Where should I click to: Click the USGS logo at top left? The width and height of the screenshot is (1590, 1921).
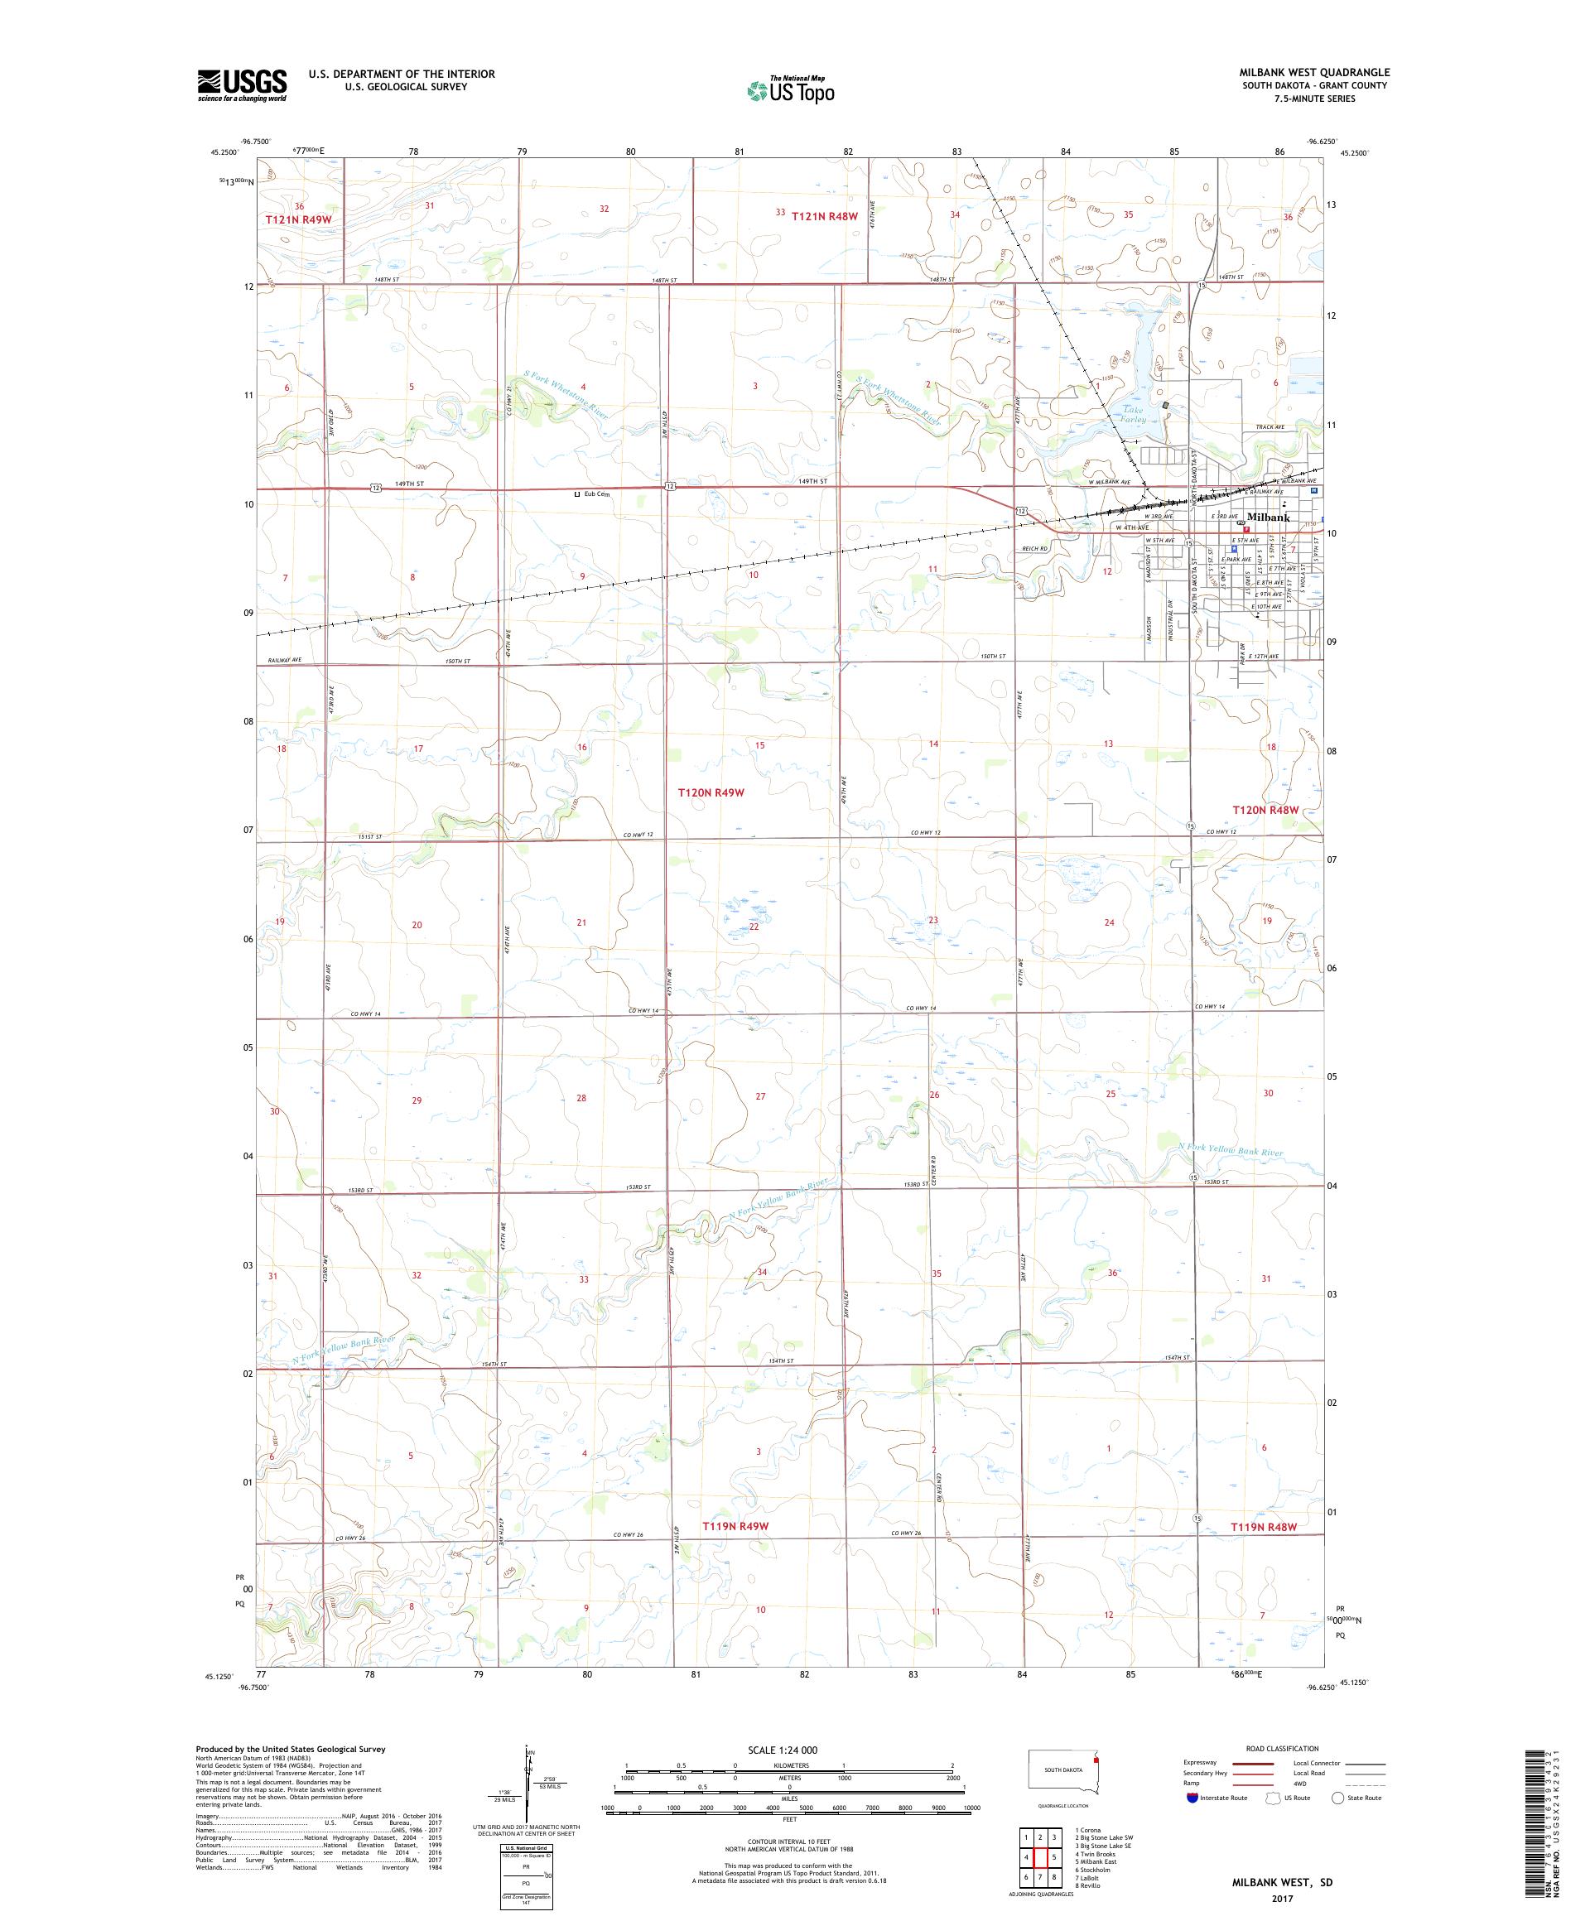tap(243, 85)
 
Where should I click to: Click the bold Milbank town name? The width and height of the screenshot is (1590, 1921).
tap(1268, 517)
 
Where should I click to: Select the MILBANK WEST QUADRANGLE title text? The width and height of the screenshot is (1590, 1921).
tap(1314, 72)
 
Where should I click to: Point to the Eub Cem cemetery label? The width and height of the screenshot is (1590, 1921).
tap(595, 494)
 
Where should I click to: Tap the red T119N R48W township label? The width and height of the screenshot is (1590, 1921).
tap(1265, 1527)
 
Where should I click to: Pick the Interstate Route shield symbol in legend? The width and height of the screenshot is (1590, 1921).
tap(1191, 1798)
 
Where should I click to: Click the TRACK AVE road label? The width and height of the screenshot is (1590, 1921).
tap(1270, 427)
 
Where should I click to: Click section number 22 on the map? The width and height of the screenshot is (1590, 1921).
tap(754, 926)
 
